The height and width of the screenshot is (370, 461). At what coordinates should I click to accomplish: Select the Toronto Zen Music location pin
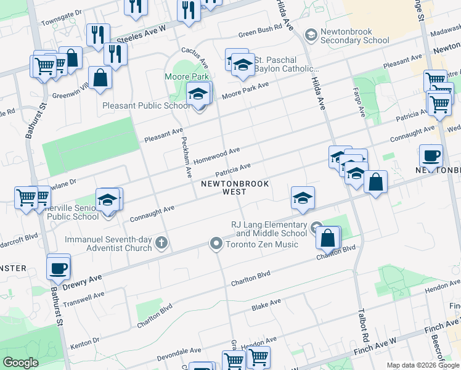(x=216, y=244)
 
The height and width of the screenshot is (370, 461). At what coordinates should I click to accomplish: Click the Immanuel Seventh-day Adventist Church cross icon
(x=161, y=243)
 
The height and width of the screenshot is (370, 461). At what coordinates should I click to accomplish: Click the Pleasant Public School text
(x=147, y=105)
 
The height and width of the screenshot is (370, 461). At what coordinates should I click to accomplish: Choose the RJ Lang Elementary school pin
(x=316, y=227)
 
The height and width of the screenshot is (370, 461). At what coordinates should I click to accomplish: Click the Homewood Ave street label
(x=216, y=155)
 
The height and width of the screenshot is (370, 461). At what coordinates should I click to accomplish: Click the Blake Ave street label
(x=266, y=304)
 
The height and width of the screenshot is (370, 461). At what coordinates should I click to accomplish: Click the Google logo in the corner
(x=20, y=363)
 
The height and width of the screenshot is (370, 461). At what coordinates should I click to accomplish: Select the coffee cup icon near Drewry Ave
(x=59, y=269)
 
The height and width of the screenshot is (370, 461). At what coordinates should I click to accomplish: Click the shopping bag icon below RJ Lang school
(x=328, y=237)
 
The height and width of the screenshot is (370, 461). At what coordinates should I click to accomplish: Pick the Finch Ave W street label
(x=374, y=346)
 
